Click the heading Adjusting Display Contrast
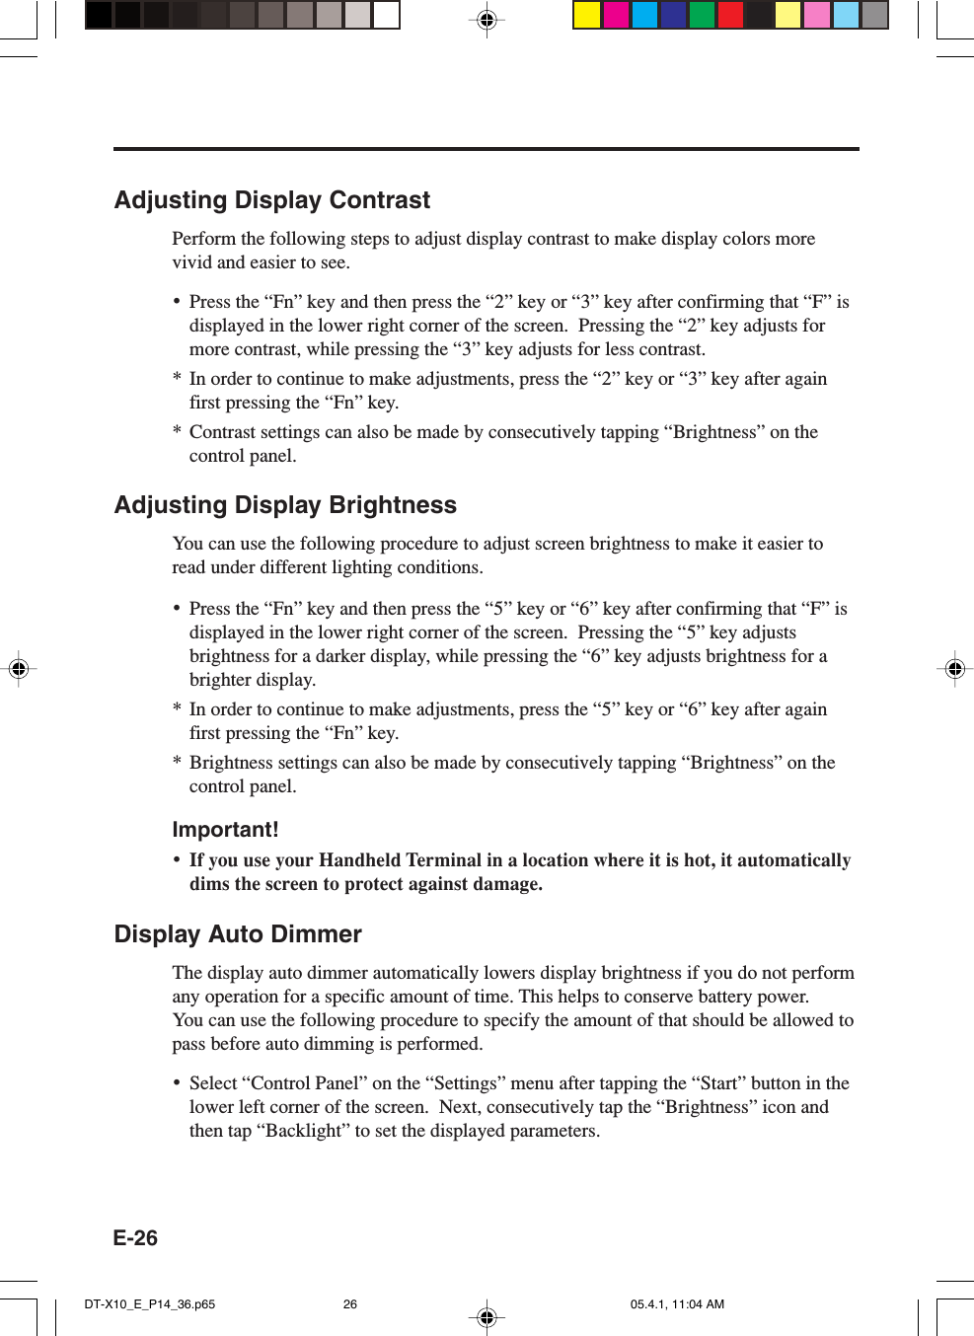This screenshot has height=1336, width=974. tap(272, 200)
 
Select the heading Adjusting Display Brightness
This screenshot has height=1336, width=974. tap(285, 505)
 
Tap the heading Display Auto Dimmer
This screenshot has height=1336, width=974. tap(238, 934)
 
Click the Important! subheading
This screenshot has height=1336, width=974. tap(225, 830)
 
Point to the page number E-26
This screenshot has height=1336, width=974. tap(135, 1238)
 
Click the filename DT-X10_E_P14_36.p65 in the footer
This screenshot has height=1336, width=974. tap(150, 1304)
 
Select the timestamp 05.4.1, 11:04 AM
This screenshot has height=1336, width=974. tap(677, 1304)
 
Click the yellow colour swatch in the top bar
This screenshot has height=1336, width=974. tap(587, 15)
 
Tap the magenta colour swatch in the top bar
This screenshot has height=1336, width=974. tap(616, 15)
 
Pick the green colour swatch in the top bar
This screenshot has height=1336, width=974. tap(702, 15)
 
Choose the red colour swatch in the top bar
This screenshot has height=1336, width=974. tap(730, 15)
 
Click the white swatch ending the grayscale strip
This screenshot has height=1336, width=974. tap(386, 15)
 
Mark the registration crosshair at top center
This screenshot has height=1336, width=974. tap(487, 19)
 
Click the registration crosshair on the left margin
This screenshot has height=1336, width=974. tap(18, 669)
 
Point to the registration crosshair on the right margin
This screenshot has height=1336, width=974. tap(954, 669)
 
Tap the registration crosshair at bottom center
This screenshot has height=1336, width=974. tap(487, 1316)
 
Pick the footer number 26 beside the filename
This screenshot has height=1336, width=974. tap(350, 1304)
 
